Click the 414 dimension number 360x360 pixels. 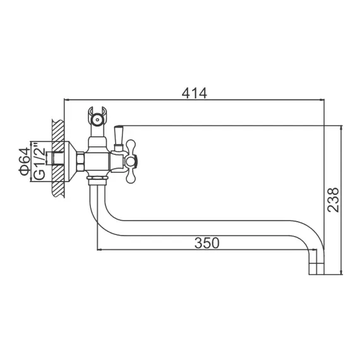pyautogui.click(x=195, y=92)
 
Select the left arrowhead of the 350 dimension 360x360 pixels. pyautogui.click(x=99, y=249)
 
